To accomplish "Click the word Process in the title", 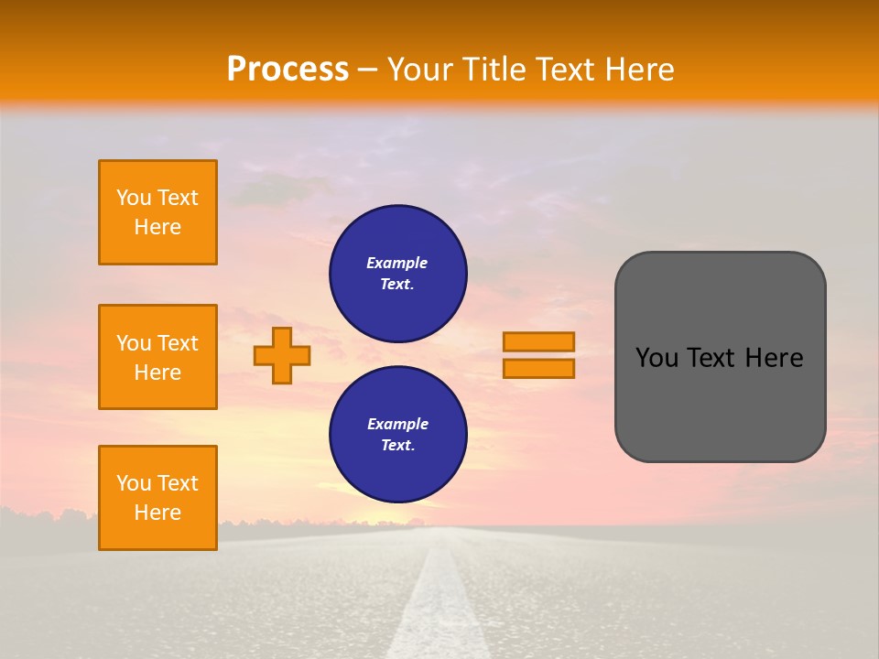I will (288, 70).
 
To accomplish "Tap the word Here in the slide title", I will (635, 70).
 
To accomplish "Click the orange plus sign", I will (281, 355).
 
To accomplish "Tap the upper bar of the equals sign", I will (538, 341).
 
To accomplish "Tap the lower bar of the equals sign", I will (538, 368).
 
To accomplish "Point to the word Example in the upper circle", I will (396, 263).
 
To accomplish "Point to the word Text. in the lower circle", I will (397, 446).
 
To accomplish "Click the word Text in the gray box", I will (711, 358).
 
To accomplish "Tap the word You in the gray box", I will (656, 358).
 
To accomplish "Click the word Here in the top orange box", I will (157, 227).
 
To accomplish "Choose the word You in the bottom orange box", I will (133, 483).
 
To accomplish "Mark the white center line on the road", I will (444, 604).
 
